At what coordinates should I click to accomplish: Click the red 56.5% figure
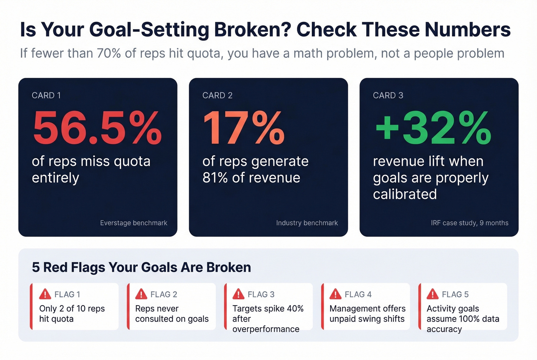point(97,128)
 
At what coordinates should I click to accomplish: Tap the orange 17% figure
point(244,128)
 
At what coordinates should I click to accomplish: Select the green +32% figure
point(433,128)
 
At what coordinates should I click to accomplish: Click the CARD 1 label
point(46,95)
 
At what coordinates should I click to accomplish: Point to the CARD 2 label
point(217,95)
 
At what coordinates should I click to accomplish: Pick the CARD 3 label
point(388,95)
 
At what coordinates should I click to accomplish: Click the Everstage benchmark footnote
point(133,223)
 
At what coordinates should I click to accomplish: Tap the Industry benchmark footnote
point(307,223)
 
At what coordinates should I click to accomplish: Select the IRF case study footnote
point(469,223)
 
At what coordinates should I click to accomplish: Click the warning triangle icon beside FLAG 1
point(45,294)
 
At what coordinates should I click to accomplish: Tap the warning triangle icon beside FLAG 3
point(238,294)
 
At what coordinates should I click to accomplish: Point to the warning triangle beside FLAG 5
point(432,294)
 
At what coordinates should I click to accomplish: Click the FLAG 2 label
point(164,294)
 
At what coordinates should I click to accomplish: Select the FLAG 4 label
point(358,294)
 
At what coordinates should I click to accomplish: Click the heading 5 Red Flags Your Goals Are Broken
point(141,267)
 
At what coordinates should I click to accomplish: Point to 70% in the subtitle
point(109,53)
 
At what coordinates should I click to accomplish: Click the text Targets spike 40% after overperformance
point(267,319)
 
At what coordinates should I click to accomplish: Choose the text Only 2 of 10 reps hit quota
point(72,314)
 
